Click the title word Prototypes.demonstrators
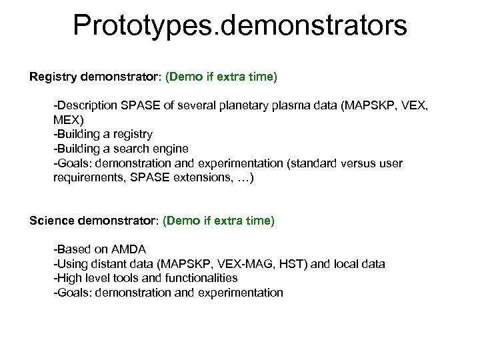(x=239, y=25)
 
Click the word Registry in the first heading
(x=53, y=77)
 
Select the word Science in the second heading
(x=52, y=220)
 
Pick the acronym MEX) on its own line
(x=69, y=120)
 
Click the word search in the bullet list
(x=121, y=149)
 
